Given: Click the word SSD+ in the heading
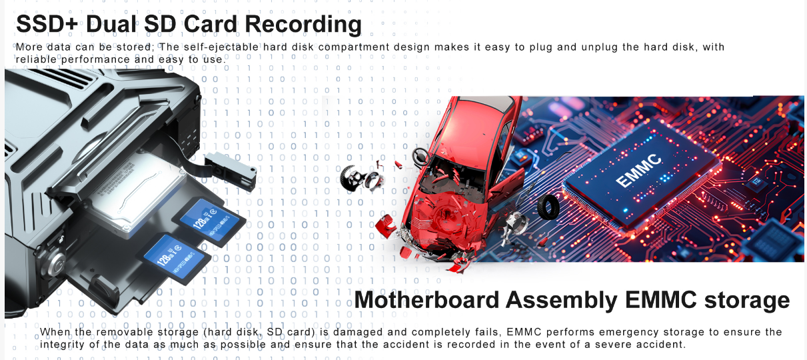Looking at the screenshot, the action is click(47, 24).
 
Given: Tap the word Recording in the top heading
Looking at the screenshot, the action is click(303, 25).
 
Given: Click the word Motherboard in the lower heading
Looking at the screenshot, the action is click(427, 300).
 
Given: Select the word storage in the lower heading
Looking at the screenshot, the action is click(747, 301).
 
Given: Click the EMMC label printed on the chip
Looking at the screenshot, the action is click(638, 171).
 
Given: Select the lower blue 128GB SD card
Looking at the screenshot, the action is click(173, 259).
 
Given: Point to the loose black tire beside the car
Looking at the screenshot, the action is click(548, 207).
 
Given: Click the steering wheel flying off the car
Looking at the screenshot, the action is click(420, 157).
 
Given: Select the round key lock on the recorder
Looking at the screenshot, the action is click(56, 264).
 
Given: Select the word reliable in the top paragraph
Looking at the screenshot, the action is click(36, 59).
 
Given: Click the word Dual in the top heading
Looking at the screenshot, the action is click(112, 24).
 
